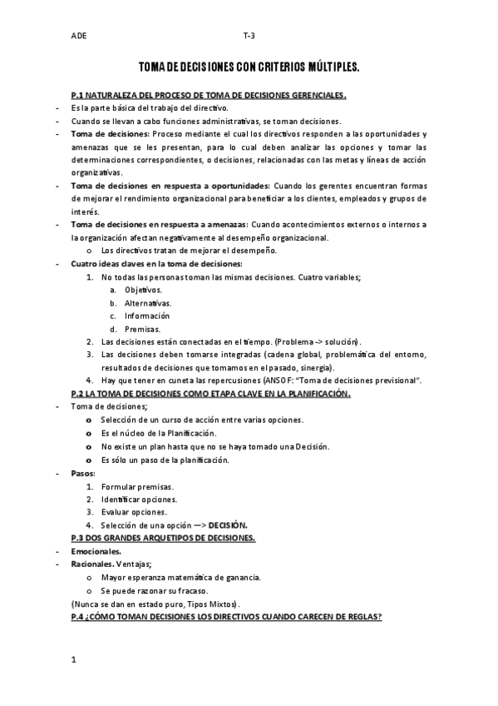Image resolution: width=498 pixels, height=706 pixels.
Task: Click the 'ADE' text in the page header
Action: (x=79, y=37)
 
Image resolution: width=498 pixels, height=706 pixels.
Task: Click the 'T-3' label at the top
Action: (x=249, y=37)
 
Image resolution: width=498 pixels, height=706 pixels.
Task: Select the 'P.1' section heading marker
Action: (x=80, y=96)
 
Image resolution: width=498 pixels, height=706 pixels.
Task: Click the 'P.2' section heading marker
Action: (x=80, y=394)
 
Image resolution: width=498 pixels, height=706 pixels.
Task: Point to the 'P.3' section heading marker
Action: (x=80, y=539)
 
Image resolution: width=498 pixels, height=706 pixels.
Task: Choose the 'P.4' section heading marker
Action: (x=80, y=616)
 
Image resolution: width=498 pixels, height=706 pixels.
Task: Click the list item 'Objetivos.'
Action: (x=143, y=290)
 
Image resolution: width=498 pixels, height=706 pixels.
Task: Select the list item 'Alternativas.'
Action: (x=148, y=303)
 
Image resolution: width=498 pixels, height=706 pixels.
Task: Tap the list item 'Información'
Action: (x=147, y=316)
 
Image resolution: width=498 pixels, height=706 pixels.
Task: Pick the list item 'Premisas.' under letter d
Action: (x=142, y=329)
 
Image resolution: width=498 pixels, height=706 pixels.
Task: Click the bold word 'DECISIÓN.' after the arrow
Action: (x=228, y=525)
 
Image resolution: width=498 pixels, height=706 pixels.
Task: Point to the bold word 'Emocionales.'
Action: (x=96, y=551)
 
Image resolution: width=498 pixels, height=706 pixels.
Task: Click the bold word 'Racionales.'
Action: (x=94, y=564)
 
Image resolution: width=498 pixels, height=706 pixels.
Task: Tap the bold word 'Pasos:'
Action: (x=83, y=473)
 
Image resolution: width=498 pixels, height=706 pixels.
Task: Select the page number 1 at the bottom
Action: (x=74, y=660)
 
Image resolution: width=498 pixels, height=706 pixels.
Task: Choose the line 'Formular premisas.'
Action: (x=136, y=486)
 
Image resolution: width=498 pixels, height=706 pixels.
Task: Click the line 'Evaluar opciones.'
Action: (x=133, y=512)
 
